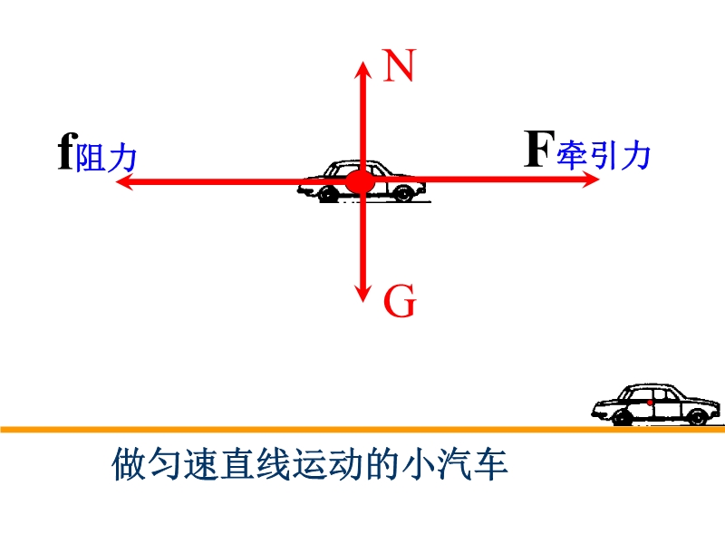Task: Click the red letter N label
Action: click(400, 65)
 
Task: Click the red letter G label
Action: click(401, 301)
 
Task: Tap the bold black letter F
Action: click(539, 149)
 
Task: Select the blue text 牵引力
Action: click(604, 155)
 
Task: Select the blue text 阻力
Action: click(106, 159)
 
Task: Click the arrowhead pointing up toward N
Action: click(363, 71)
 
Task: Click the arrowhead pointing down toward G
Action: click(363, 293)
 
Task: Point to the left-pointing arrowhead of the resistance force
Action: click(125, 180)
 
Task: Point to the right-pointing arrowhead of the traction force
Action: click(590, 179)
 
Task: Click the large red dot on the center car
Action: click(360, 182)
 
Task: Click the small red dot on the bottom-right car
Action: click(650, 403)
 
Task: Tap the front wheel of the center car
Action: click(403, 193)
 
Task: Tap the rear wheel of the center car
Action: click(327, 194)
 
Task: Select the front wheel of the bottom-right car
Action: click(698, 416)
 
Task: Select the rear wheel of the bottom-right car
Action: click(623, 417)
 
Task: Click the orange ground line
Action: click(362, 430)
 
